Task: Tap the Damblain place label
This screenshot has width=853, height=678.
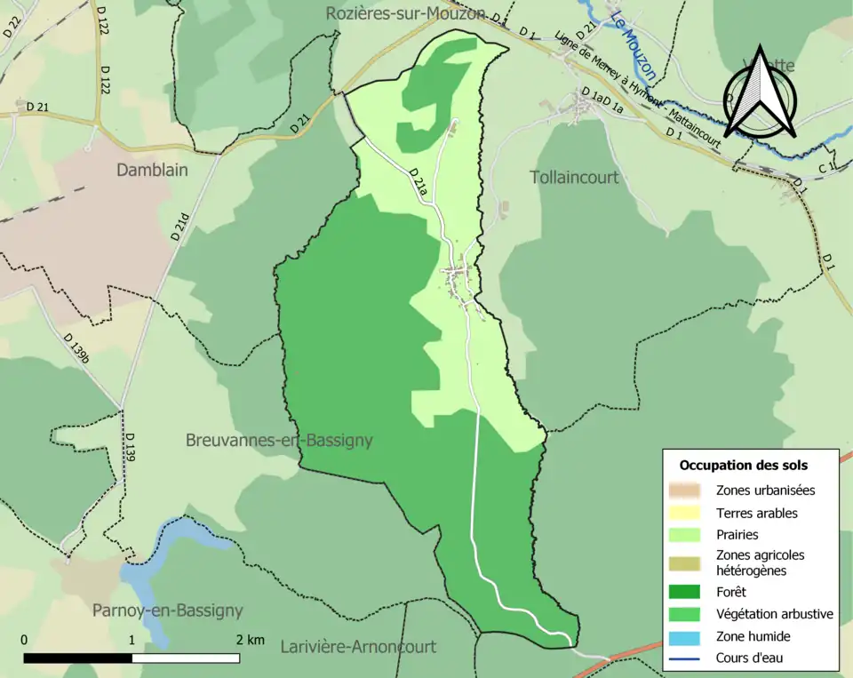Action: coord(152,170)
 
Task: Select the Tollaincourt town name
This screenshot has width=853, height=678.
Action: coord(574,177)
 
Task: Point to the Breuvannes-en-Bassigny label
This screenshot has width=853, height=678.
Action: coord(279,440)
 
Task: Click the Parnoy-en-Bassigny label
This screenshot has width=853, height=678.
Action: coord(167,610)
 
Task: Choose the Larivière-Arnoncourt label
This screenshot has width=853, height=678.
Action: coord(358,646)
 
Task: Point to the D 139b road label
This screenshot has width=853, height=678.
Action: coord(76,348)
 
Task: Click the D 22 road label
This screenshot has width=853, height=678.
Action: coord(11,24)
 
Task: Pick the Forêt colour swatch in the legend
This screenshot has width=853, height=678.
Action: coord(688,591)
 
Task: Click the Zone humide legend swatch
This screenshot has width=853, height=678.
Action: coord(688,636)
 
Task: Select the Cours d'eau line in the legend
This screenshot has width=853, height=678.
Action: coord(688,658)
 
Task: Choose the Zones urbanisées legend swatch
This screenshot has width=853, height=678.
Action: coord(688,490)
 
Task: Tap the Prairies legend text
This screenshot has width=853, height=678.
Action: coord(737,535)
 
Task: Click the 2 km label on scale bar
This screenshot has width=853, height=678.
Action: coord(250,640)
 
